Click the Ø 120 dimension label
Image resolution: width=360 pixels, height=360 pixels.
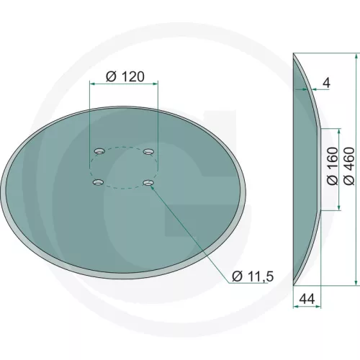pos(125,77)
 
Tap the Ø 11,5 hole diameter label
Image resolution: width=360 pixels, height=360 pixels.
pos(253,276)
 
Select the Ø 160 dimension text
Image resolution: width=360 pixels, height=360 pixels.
pos(333,166)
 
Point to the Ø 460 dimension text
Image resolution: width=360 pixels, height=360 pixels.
pos(349,166)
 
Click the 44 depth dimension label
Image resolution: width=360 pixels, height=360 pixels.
pos(307,299)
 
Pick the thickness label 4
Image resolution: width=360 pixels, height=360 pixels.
pos(327,83)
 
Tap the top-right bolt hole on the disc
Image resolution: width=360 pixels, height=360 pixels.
pos(148,151)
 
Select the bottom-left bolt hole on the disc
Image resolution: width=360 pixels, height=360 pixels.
pos(98,182)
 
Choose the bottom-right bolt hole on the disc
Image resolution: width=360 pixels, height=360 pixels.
pos(148,183)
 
